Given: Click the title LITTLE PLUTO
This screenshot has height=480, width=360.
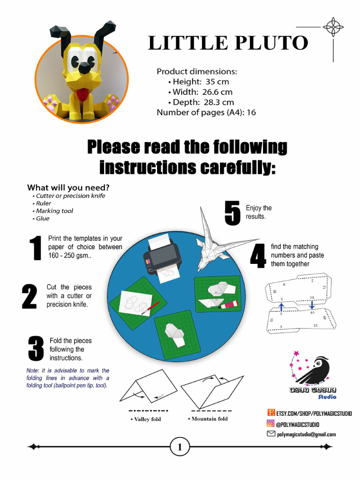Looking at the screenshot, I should pyautogui.click(x=228, y=43).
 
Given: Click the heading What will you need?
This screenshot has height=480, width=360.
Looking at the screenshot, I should pyautogui.click(x=68, y=187).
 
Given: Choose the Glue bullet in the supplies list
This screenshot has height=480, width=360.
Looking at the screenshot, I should pyautogui.click(x=42, y=218).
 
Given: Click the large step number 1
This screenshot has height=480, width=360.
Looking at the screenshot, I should pyautogui.click(x=35, y=248).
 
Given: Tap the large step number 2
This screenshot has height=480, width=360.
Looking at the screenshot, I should pyautogui.click(x=29, y=296).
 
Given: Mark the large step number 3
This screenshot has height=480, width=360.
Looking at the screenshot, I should pyautogui.click(x=35, y=349).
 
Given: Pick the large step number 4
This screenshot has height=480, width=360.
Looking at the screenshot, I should pyautogui.click(x=258, y=256).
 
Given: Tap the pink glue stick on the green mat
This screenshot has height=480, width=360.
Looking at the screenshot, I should pyautogui.click(x=228, y=305).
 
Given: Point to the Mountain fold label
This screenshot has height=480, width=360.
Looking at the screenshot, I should pyautogui.click(x=208, y=419).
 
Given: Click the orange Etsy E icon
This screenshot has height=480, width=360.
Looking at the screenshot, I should pyautogui.click(x=270, y=412).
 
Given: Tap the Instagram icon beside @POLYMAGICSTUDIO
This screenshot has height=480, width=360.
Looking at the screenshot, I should pyautogui.click(x=270, y=424).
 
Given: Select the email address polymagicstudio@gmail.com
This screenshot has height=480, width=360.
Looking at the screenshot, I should pyautogui.click(x=306, y=435).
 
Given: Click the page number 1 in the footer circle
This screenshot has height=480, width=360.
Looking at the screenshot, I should pyautogui.click(x=180, y=447).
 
